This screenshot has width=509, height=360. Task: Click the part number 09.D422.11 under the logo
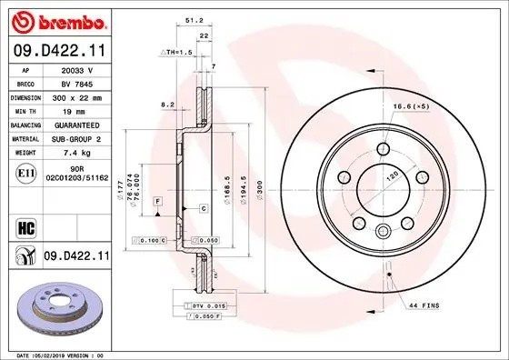[x=58, y=51]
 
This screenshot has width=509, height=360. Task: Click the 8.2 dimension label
[x=167, y=105]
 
